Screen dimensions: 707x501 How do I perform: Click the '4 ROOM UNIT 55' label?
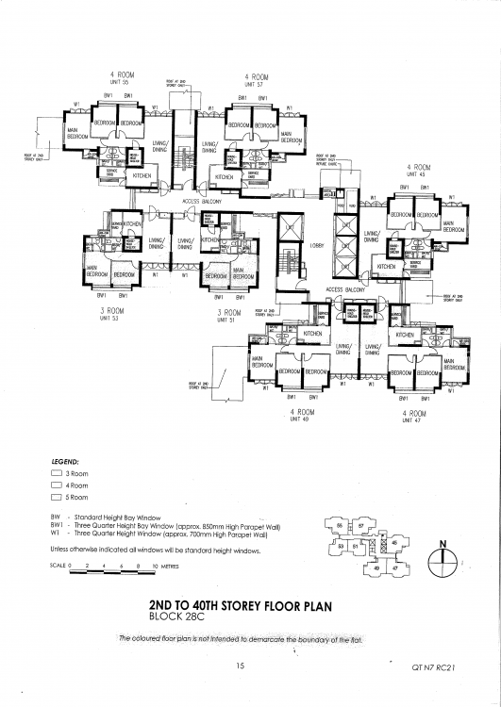tap(124, 77)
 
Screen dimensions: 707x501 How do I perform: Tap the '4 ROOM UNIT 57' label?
tap(257, 77)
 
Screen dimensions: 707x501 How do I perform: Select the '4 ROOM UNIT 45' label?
tap(417, 170)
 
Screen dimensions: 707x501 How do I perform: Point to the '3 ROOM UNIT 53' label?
tap(113, 312)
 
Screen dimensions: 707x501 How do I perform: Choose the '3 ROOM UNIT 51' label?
tap(231, 315)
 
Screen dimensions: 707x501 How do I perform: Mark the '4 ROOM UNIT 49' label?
tap(301, 416)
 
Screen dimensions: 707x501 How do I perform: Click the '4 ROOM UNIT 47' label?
tap(413, 416)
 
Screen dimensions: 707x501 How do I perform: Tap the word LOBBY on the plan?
tap(316, 246)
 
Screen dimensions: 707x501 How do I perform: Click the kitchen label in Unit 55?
tap(142, 175)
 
